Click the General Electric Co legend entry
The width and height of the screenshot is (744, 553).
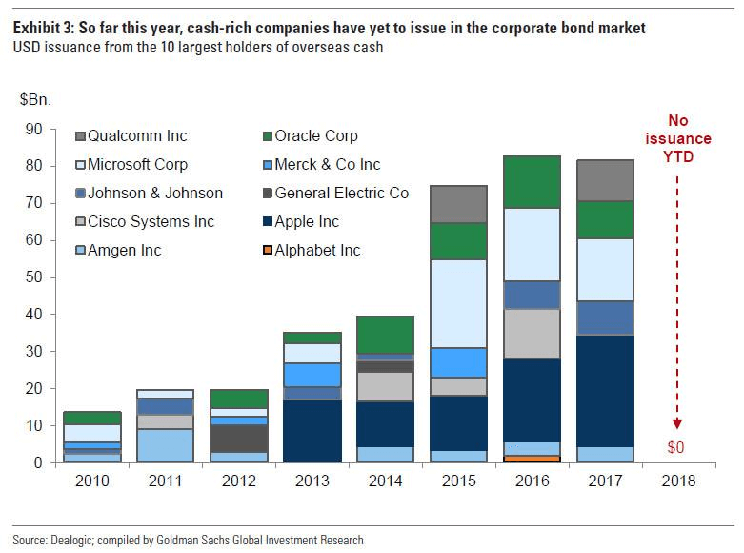(341, 194)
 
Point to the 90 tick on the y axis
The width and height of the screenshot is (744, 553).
(36, 129)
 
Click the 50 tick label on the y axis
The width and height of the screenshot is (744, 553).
(36, 277)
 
